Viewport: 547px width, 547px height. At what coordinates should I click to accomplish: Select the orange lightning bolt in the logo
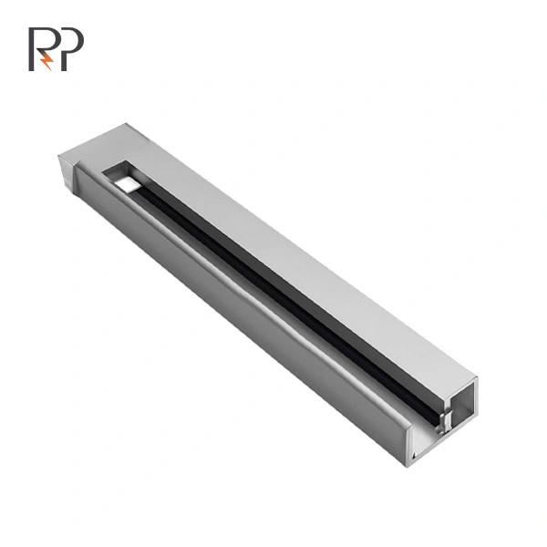pyautogui.click(x=47, y=61)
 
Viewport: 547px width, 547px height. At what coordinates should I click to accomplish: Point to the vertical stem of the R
pyautogui.click(x=31, y=49)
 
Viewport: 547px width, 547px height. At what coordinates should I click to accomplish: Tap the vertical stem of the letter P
pyautogui.click(x=64, y=49)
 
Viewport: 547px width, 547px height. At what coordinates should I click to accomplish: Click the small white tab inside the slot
pyautogui.click(x=128, y=184)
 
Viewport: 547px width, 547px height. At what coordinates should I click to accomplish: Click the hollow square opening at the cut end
pyautogui.click(x=463, y=404)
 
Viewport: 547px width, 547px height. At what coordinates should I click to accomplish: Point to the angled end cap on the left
pyautogui.click(x=67, y=171)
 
